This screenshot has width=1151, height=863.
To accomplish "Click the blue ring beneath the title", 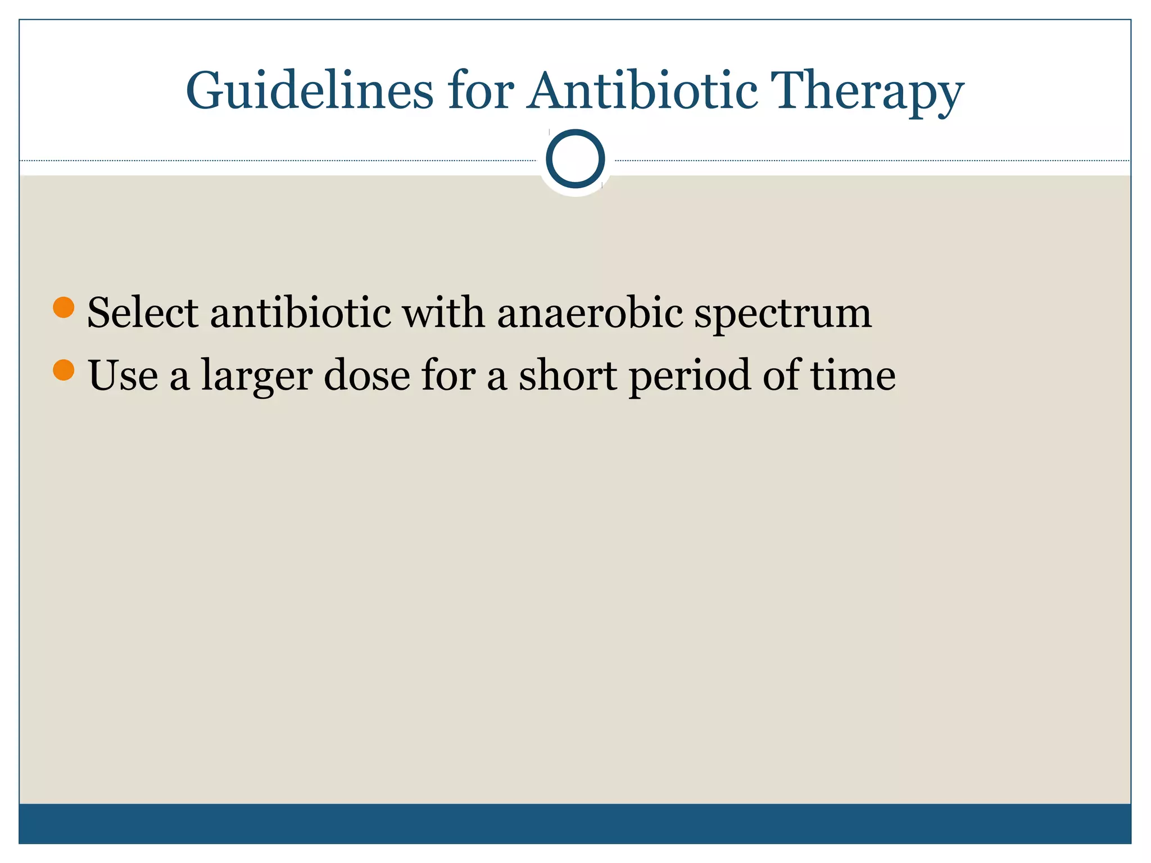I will pos(575,158).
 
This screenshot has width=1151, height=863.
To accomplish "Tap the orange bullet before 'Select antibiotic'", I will pos(64,307).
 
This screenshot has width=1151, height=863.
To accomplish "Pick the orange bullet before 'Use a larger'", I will pos(64,370).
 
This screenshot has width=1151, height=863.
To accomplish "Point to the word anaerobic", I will pos(590,312).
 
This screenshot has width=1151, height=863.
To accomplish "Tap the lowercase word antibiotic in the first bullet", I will pos(301,312).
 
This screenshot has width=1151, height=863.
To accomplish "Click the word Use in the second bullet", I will pos(123,375).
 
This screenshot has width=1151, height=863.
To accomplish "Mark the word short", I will pos(568,375).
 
